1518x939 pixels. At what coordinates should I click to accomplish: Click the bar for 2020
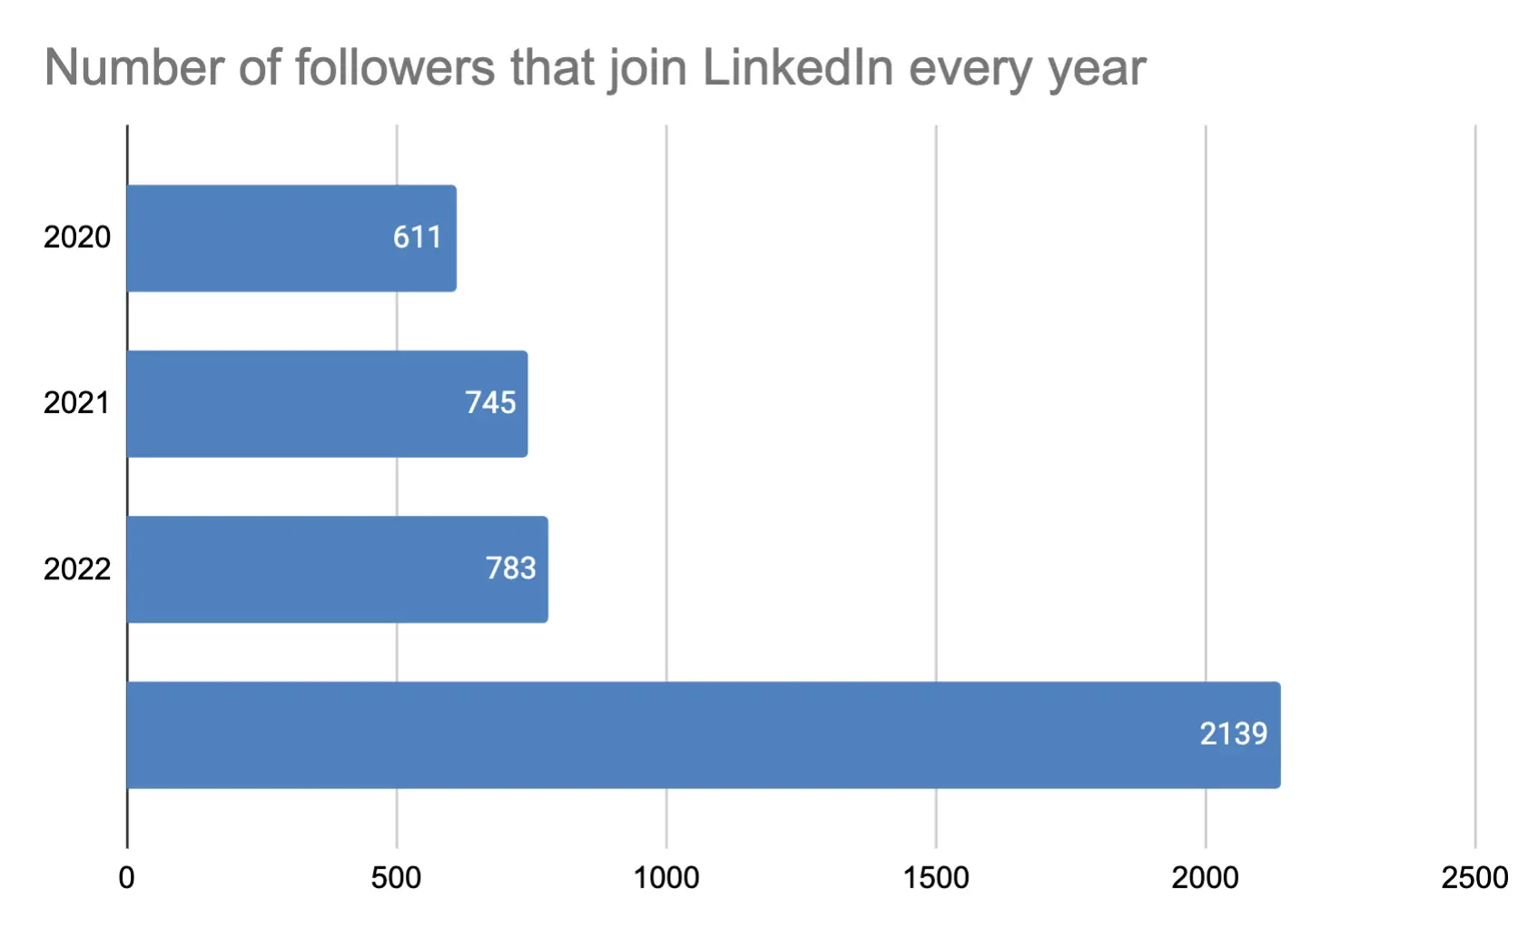point(291,238)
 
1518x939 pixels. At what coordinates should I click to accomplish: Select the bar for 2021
point(327,404)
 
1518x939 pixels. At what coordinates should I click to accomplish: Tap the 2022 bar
point(336,569)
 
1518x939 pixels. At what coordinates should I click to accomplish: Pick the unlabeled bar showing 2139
point(703,735)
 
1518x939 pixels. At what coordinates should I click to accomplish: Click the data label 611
point(417,238)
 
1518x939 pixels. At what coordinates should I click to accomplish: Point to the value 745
point(490,403)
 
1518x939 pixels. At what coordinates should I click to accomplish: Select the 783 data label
point(510,568)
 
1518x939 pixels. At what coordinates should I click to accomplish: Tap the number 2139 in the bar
point(1233,734)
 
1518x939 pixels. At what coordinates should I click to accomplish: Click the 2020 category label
point(77,238)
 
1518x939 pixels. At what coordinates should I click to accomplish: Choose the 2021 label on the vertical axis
point(77,403)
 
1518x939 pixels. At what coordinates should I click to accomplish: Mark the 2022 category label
point(77,569)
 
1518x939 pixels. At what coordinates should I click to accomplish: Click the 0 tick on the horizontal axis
point(127,878)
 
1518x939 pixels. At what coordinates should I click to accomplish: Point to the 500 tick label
point(396,878)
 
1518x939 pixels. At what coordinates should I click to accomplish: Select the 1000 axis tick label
point(666,878)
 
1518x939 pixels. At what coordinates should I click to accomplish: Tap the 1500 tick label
point(936,878)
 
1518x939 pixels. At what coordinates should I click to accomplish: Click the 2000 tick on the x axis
point(1205,878)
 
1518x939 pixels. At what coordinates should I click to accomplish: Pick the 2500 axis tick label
point(1474,878)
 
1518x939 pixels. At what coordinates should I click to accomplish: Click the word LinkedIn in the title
point(798,68)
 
